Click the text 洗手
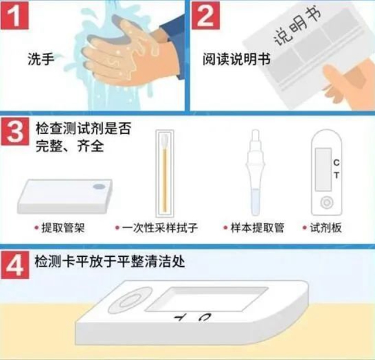[x=39, y=59]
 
